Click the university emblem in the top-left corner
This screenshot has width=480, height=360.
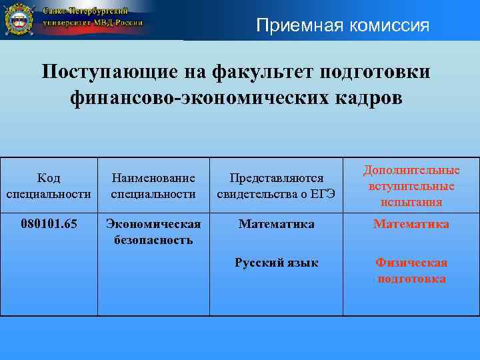coord(19,19)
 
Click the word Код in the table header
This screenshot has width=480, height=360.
coord(49,178)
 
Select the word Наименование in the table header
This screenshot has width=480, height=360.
coord(153,178)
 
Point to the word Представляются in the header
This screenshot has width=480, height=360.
coord(276,178)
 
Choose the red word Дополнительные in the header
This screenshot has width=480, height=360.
coord(411,171)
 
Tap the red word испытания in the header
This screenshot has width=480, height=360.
coord(411,202)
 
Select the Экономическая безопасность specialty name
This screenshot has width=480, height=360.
coord(153,231)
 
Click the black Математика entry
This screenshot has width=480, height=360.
coord(276,224)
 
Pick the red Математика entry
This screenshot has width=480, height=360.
coord(411,224)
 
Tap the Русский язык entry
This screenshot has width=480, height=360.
coord(276,263)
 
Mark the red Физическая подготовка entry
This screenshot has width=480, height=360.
coord(411,271)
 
